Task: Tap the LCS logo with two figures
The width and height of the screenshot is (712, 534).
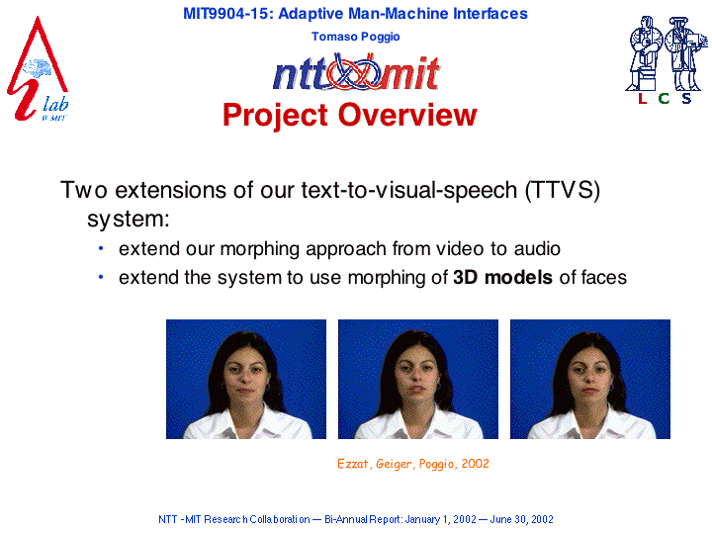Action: click(x=666, y=60)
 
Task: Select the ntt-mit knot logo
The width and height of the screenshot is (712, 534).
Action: click(x=356, y=72)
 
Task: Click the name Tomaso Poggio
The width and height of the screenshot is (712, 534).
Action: click(x=356, y=37)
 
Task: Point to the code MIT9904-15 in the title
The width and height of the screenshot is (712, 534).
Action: click(x=225, y=14)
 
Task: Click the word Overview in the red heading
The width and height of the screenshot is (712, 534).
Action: click(x=407, y=115)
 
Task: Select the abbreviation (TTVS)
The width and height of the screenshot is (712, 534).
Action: click(x=562, y=190)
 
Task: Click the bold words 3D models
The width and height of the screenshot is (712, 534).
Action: click(x=502, y=277)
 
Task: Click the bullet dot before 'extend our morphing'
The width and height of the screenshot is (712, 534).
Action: click(x=101, y=248)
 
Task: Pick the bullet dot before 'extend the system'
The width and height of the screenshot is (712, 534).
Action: click(x=101, y=277)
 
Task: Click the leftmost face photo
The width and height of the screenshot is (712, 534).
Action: click(x=246, y=379)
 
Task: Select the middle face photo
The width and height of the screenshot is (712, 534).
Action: click(x=418, y=379)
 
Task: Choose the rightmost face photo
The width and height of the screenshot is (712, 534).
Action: click(x=590, y=379)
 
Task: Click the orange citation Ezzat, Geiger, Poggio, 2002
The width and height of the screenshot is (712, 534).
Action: click(x=413, y=464)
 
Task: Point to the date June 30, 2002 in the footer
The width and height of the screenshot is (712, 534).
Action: click(x=522, y=519)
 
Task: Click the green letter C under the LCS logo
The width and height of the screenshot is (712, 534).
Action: click(x=664, y=98)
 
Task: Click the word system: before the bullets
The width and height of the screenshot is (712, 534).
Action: click(x=129, y=220)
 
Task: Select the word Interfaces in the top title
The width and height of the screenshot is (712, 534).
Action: click(x=490, y=14)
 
